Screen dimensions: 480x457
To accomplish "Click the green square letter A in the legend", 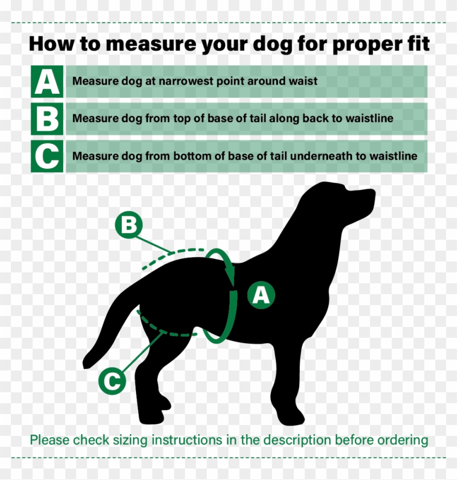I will tap(47, 81).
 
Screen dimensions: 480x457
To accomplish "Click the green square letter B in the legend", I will tap(47, 119).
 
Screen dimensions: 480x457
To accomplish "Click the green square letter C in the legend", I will tap(47, 156).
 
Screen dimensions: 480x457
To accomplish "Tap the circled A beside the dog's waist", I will tap(261, 295).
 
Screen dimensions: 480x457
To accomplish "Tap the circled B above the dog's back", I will tap(128, 225).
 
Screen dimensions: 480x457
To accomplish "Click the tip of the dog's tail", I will tap(86, 363).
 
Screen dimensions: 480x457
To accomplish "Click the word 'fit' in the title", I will tap(416, 44).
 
